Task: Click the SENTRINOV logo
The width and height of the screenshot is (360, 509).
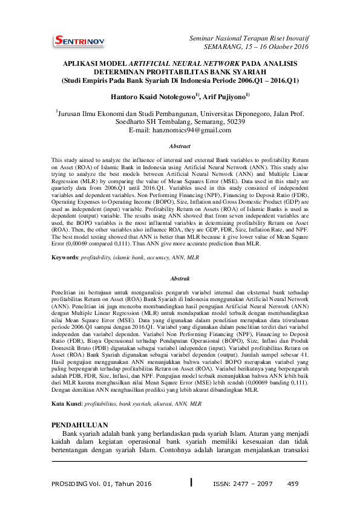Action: [x=79, y=41]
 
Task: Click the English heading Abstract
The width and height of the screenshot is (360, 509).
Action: [x=180, y=146]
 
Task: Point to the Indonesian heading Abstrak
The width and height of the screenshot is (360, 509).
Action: [x=180, y=278]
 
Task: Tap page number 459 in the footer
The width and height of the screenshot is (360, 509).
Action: [x=293, y=484]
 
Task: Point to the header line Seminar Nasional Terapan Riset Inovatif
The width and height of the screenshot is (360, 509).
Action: [x=249, y=38]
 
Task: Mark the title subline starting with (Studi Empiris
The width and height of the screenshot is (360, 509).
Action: [x=180, y=80]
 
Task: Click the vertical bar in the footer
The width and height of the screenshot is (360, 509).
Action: [x=191, y=483]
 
